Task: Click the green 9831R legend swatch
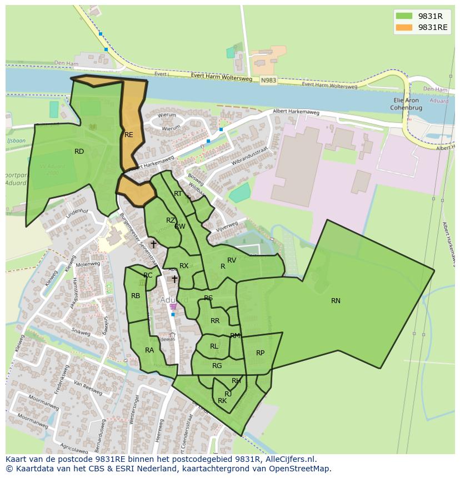[404, 16]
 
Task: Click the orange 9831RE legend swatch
[404, 27]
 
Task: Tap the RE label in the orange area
[129, 135]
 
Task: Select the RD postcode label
[79, 152]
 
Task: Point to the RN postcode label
[336, 301]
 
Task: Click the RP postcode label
[260, 353]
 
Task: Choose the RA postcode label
[149, 350]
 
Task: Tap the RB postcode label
[136, 296]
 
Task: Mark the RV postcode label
[232, 260]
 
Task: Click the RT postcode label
[178, 194]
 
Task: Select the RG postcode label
[217, 366]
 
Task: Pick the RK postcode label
[222, 401]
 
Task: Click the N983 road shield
[268, 80]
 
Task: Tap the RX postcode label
[184, 266]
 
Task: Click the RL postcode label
[214, 346]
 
